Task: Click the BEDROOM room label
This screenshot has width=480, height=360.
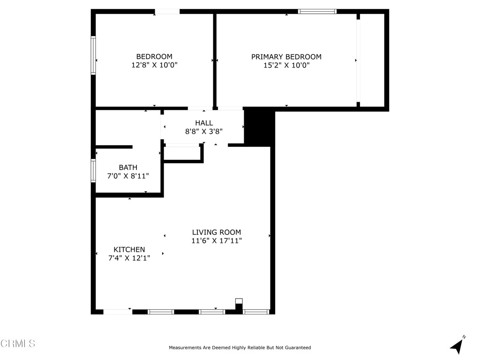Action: click(x=154, y=57)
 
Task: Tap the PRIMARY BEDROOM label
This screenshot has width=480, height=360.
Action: click(x=286, y=57)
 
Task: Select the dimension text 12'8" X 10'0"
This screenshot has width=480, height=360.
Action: click(x=154, y=66)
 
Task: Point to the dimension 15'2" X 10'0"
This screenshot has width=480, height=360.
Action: click(x=286, y=66)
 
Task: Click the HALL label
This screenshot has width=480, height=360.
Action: click(x=204, y=123)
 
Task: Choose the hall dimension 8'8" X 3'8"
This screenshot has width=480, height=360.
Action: click(x=204, y=132)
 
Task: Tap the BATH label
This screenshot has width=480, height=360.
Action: click(x=128, y=167)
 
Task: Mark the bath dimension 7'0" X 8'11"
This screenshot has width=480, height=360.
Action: click(x=128, y=176)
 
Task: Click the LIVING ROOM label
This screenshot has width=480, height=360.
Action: click(x=217, y=232)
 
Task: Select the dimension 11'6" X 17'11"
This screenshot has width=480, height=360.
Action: click(x=217, y=241)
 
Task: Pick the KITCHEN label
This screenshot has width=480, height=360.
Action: click(x=129, y=249)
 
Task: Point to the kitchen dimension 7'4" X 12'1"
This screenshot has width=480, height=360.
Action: click(x=129, y=258)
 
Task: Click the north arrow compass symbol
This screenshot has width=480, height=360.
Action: click(x=457, y=345)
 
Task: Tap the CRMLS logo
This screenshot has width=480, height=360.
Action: click(x=18, y=344)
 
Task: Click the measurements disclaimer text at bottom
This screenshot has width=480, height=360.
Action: click(x=240, y=348)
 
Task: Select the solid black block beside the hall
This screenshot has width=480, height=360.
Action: click(x=259, y=127)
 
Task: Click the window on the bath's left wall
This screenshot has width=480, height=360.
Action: click(x=93, y=171)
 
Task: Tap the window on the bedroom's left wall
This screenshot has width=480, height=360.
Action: click(x=93, y=55)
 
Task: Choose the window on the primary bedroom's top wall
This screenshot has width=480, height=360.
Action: click(x=317, y=12)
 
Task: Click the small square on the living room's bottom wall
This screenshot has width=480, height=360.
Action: click(x=239, y=301)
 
